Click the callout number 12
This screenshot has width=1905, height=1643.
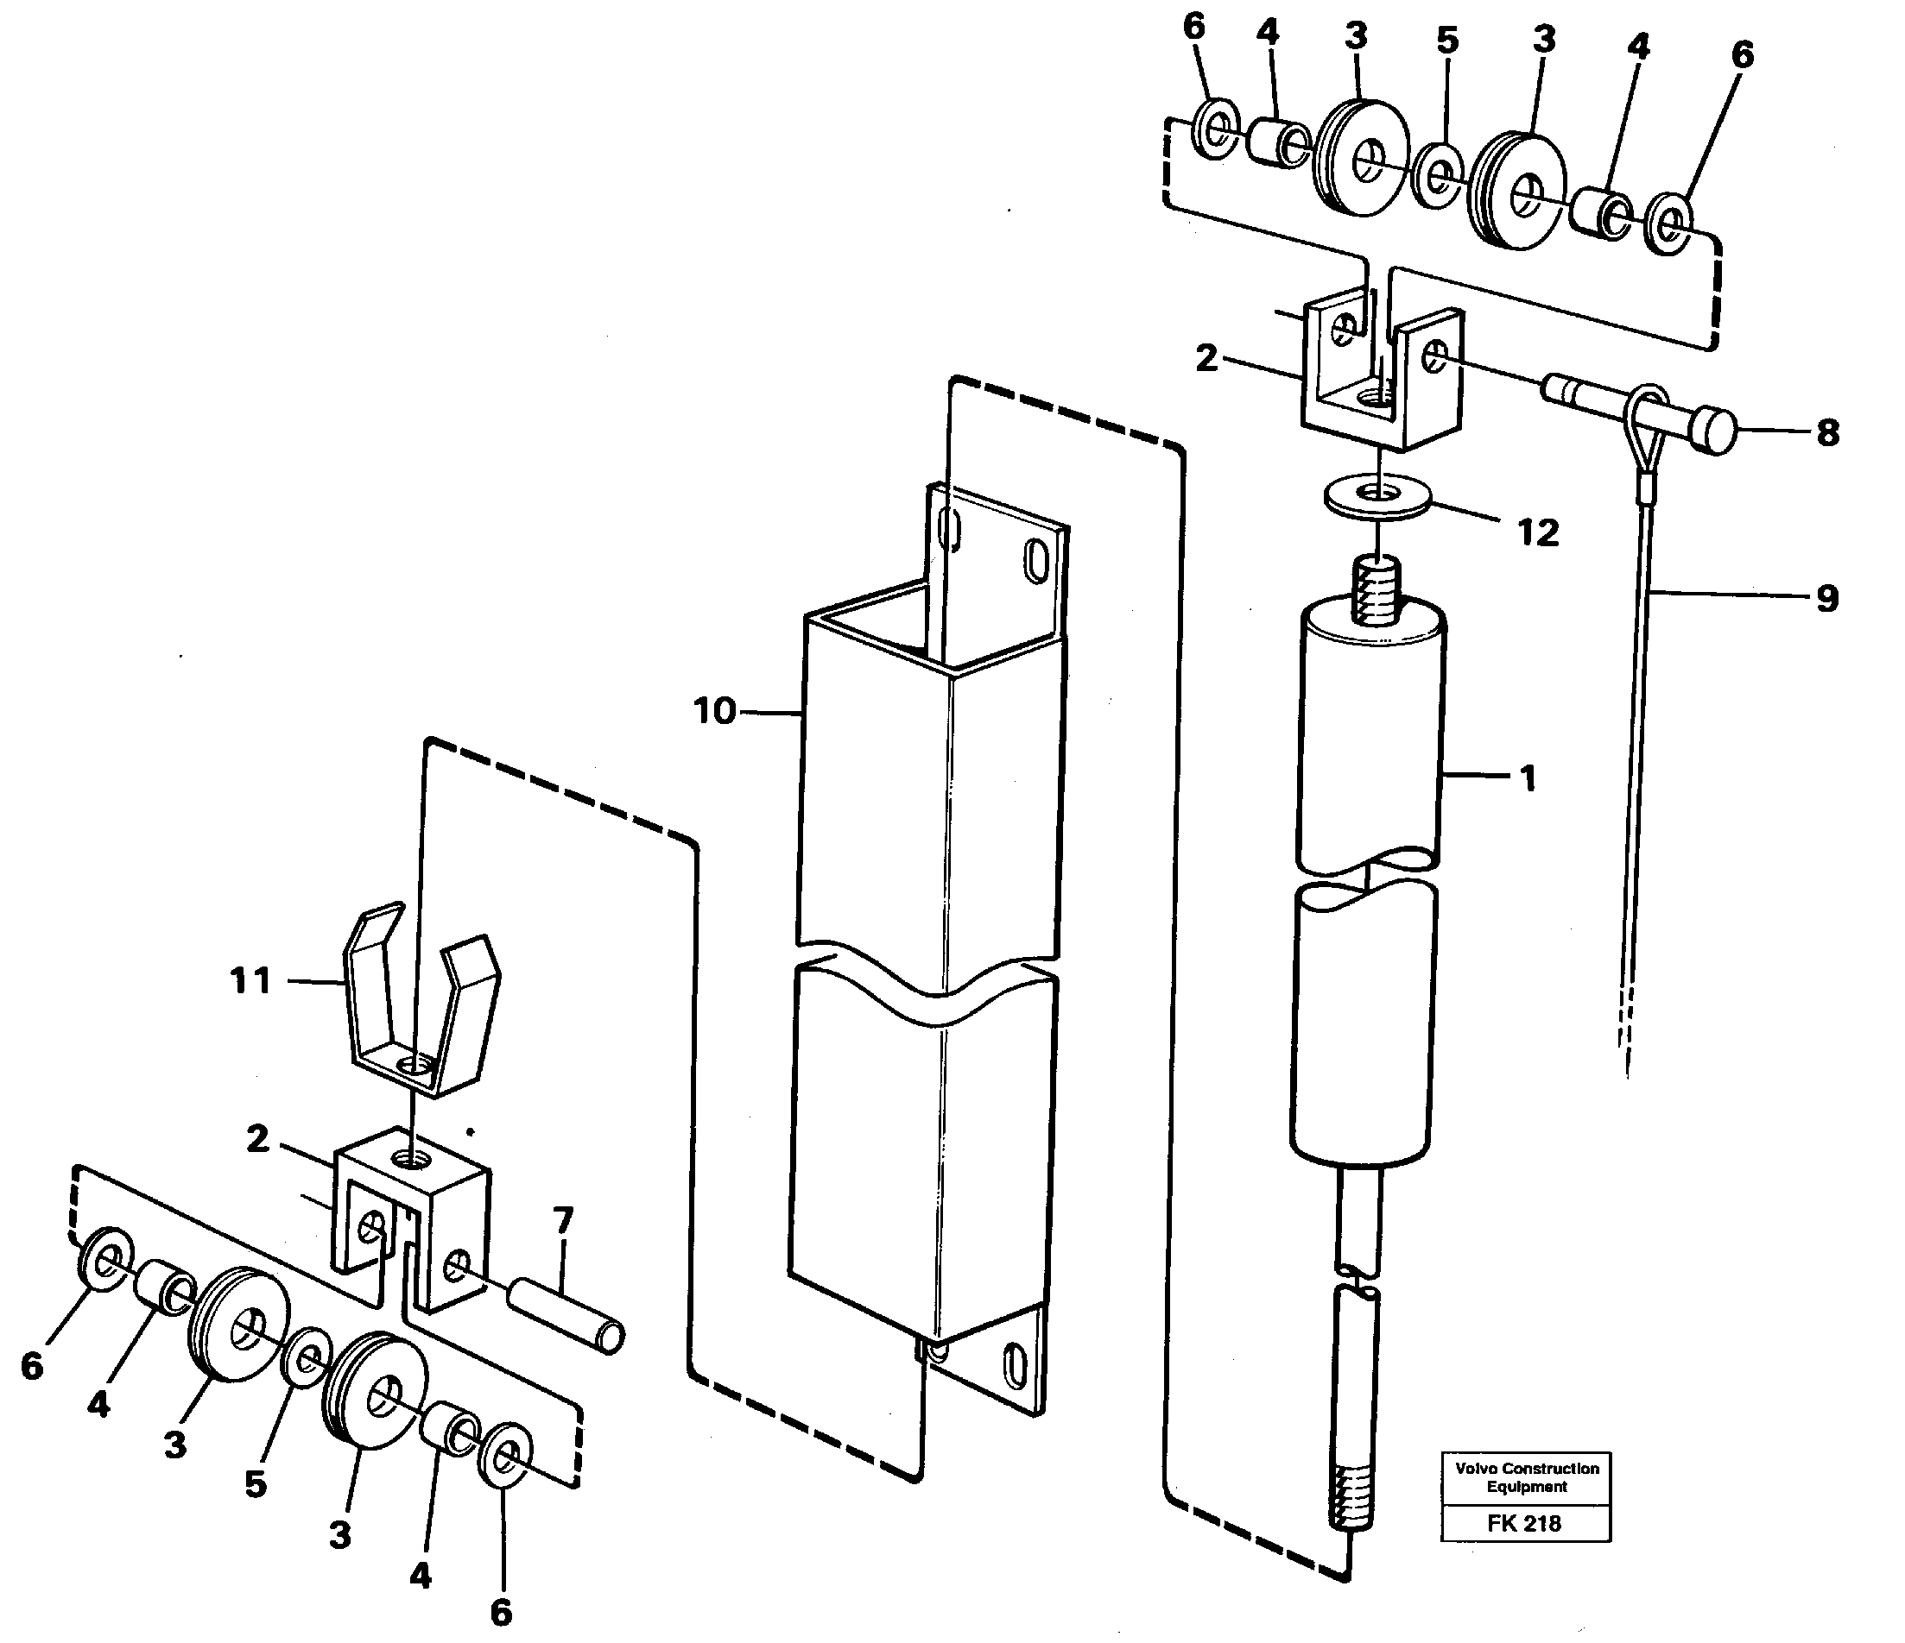click(x=1538, y=532)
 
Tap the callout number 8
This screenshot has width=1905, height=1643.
click(x=1827, y=433)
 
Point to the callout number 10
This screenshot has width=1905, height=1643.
click(x=714, y=710)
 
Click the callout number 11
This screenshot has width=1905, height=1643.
click(x=251, y=980)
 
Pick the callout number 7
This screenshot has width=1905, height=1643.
click(x=563, y=1221)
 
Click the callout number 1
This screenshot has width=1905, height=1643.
click(x=1527, y=778)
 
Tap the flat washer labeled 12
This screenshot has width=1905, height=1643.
click(x=1377, y=497)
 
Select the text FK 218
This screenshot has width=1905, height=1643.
click(x=1523, y=1523)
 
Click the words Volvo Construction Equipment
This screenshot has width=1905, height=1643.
click(x=1526, y=1477)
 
